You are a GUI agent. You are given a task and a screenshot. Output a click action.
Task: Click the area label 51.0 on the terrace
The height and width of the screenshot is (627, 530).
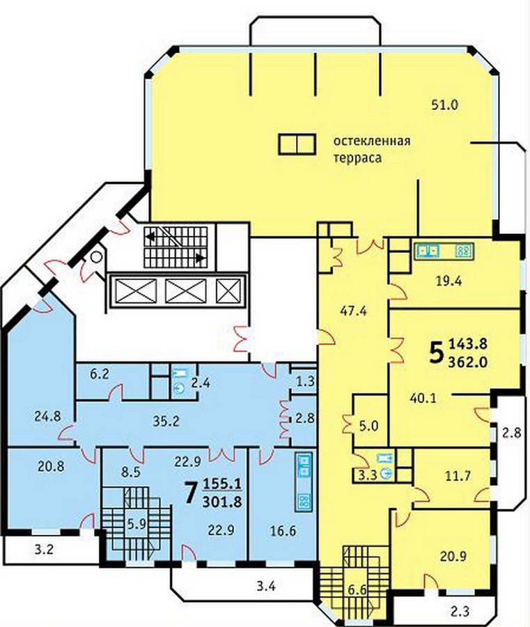445,104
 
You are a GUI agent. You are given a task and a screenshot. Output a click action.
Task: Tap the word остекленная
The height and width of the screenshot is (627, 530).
372,141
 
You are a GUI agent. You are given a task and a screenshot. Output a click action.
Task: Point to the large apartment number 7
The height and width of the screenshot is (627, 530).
191,493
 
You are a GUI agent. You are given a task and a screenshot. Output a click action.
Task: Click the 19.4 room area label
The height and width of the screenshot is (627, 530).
449,281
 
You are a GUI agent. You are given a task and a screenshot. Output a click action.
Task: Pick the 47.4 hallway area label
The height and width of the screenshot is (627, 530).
353,311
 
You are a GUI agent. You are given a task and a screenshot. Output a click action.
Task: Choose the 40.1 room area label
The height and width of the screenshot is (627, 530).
423,398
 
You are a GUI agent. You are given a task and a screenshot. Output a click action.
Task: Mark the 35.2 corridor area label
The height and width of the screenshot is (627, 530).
166,421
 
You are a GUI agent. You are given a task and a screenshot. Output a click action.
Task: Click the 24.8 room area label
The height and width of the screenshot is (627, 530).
47,417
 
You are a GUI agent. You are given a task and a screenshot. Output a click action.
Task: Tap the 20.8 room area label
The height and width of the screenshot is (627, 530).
51,466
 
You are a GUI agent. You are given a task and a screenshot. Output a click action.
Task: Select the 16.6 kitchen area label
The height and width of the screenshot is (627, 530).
283,531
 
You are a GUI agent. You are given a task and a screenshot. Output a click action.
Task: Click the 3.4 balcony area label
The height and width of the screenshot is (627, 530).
266,587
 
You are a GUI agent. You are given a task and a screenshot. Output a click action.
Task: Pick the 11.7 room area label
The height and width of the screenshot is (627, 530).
458,476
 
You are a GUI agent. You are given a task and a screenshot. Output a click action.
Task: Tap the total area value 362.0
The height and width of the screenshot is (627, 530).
468,362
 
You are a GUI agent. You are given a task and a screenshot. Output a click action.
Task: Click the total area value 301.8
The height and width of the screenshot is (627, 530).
222,501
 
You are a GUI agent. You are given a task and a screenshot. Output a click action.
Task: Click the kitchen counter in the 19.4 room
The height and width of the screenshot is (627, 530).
444,251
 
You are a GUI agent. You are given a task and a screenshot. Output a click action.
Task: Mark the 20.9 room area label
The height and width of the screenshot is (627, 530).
453,556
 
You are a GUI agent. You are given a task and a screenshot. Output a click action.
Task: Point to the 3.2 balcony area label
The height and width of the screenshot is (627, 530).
44,550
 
